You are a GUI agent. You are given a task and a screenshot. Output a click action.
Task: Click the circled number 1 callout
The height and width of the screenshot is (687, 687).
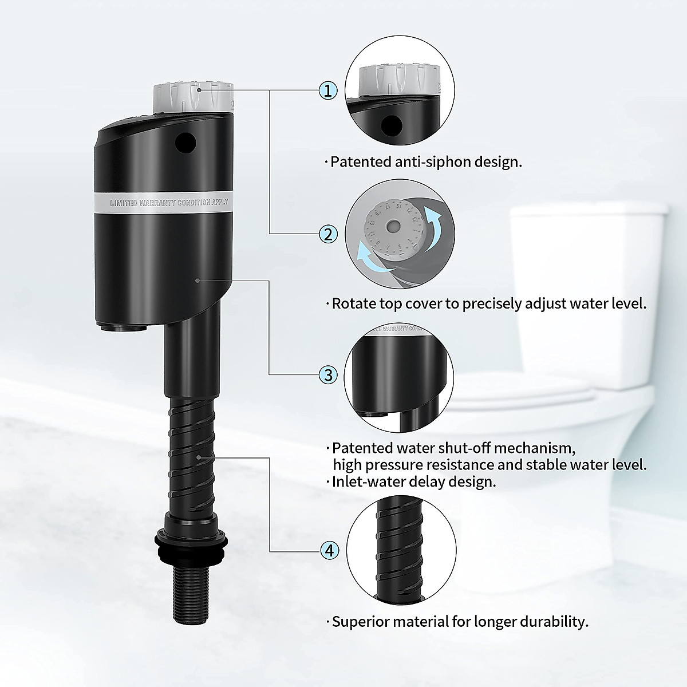coord(328,90)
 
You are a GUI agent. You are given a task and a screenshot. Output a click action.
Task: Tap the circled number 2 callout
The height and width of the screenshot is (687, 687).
coord(328,234)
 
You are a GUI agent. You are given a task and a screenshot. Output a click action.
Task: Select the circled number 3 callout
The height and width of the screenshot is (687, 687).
coord(328,375)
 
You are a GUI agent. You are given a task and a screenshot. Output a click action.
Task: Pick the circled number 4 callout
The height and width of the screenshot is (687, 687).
coord(328,551)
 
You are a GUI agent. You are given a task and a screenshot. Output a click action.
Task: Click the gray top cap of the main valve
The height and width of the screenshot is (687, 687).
coord(194,98)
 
